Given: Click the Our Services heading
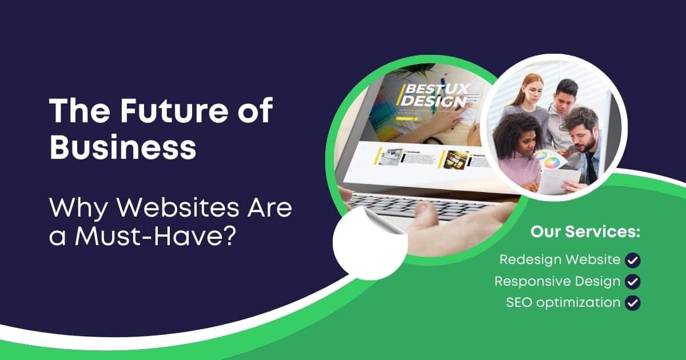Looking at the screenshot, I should point(585,233).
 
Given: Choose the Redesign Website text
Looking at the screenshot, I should point(560,259).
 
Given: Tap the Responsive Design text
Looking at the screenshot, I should point(557,281).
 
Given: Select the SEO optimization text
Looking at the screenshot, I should point(563,302).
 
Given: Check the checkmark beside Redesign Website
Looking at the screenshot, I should point(633,260).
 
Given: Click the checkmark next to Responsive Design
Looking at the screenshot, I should point(633,282).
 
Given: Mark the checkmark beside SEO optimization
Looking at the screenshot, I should point(633,303).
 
